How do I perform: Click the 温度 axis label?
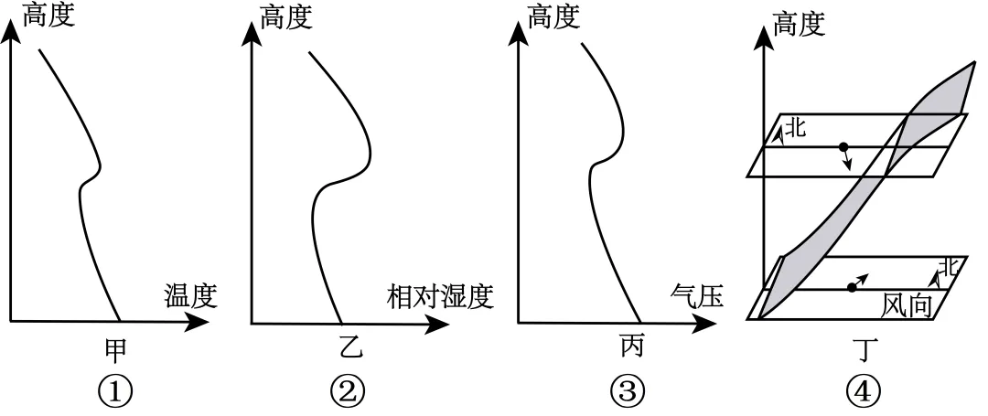click(190, 296)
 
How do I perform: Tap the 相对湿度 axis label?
click(440, 296)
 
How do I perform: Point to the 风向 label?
click(907, 303)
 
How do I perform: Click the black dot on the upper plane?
click(843, 146)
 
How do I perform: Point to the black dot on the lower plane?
click(852, 287)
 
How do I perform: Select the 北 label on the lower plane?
click(950, 267)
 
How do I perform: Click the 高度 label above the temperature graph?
click(49, 16)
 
